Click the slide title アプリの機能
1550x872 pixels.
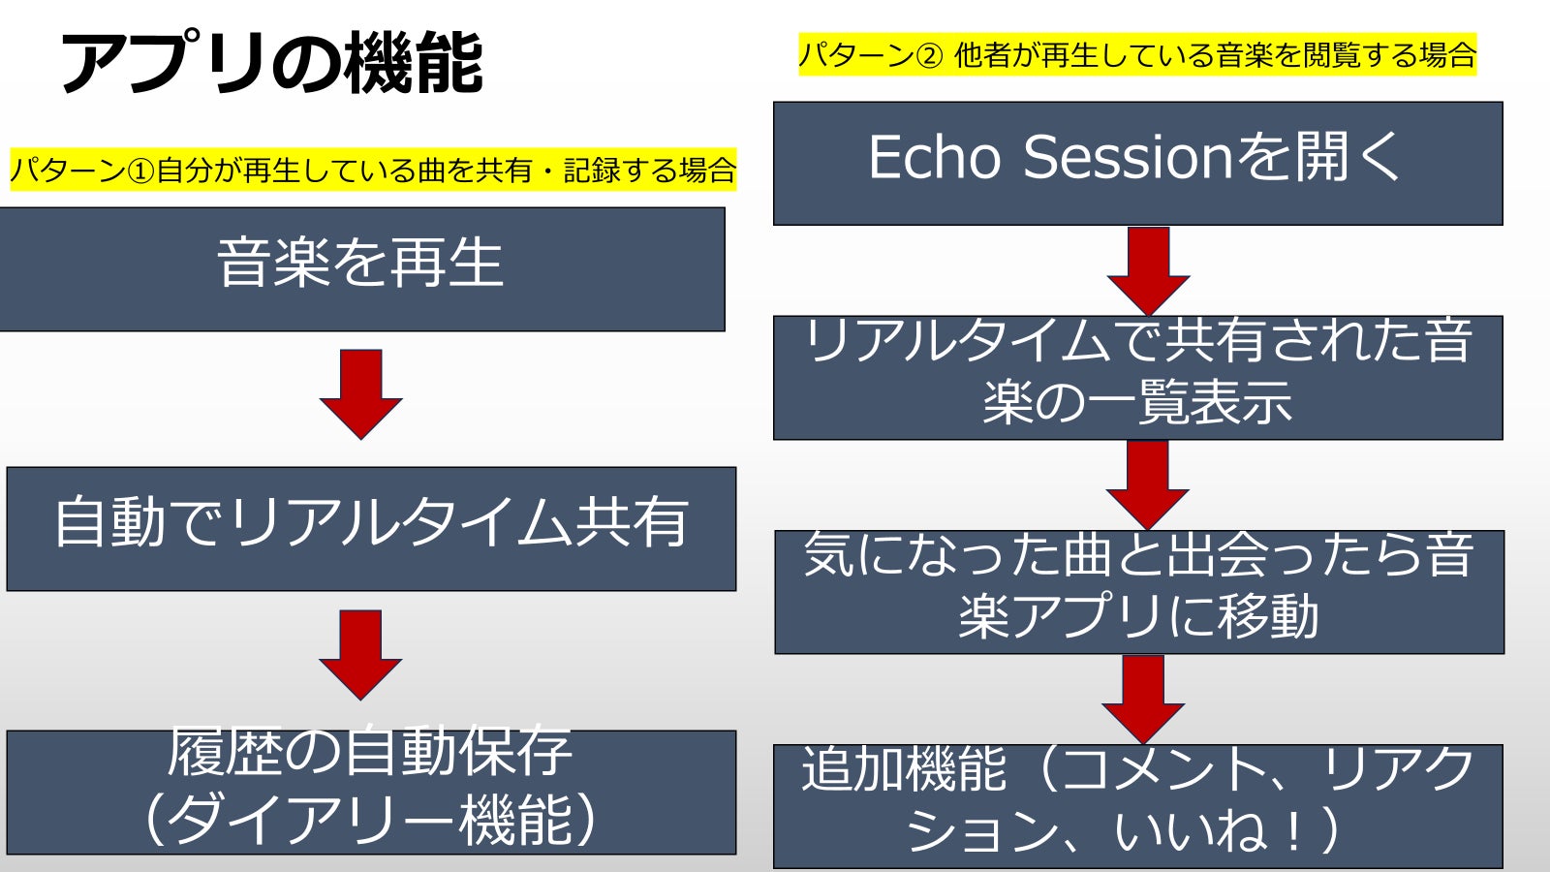(x=271, y=63)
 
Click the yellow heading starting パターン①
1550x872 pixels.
(x=373, y=171)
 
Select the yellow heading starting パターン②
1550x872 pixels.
(x=1136, y=54)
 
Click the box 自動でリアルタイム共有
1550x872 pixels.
(x=371, y=528)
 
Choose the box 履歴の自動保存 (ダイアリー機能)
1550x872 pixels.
(x=371, y=792)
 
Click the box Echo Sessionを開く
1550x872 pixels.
(x=1137, y=163)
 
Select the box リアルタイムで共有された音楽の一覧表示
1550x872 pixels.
(x=1137, y=377)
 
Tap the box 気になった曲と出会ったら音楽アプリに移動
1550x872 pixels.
(x=1138, y=591)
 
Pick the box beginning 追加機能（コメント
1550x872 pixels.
(x=1137, y=805)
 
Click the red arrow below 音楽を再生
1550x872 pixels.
(x=360, y=393)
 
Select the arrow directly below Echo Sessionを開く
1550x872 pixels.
(x=1148, y=269)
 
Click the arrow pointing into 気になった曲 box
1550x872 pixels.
(x=1148, y=483)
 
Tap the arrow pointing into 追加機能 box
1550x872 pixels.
(x=1143, y=698)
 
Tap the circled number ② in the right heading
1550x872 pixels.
(x=928, y=55)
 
